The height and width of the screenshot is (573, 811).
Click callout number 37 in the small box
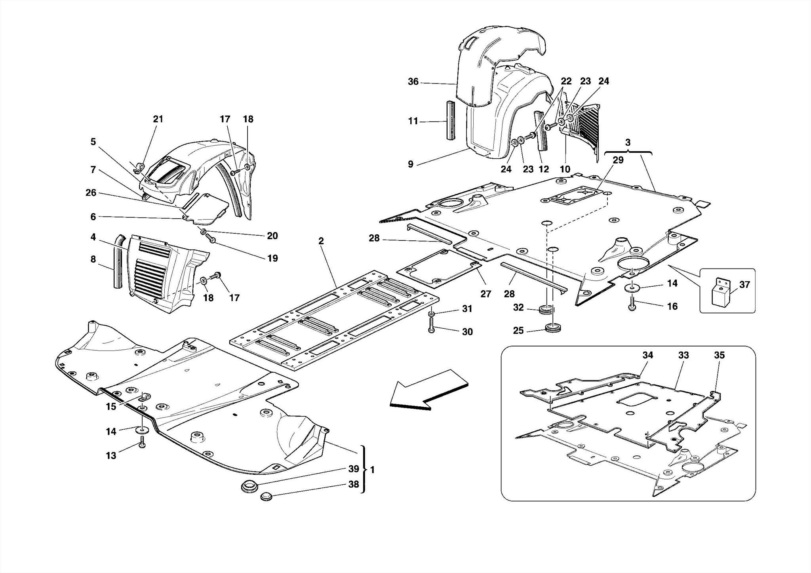744,285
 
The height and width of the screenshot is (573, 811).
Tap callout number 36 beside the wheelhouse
413,82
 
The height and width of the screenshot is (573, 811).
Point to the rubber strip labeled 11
451,120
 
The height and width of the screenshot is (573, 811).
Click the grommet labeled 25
553,328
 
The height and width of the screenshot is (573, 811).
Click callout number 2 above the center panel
321,241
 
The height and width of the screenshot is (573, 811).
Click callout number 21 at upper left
158,119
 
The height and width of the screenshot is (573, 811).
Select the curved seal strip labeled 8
118,261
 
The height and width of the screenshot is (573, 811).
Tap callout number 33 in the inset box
683,355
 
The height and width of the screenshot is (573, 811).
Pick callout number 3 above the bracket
628,143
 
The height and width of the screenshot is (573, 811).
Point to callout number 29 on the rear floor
618,160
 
